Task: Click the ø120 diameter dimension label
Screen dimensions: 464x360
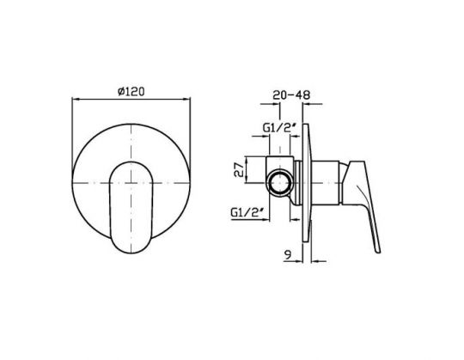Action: click(131, 91)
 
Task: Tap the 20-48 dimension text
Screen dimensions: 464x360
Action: click(291, 95)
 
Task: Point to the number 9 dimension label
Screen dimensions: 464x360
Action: click(287, 254)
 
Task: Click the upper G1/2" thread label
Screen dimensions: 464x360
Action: click(279, 128)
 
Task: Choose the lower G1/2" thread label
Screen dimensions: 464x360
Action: click(247, 212)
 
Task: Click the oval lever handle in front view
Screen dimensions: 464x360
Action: click(131, 207)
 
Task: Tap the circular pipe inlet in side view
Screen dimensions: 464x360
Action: click(279, 183)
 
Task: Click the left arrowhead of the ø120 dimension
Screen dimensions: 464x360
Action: click(76, 100)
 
